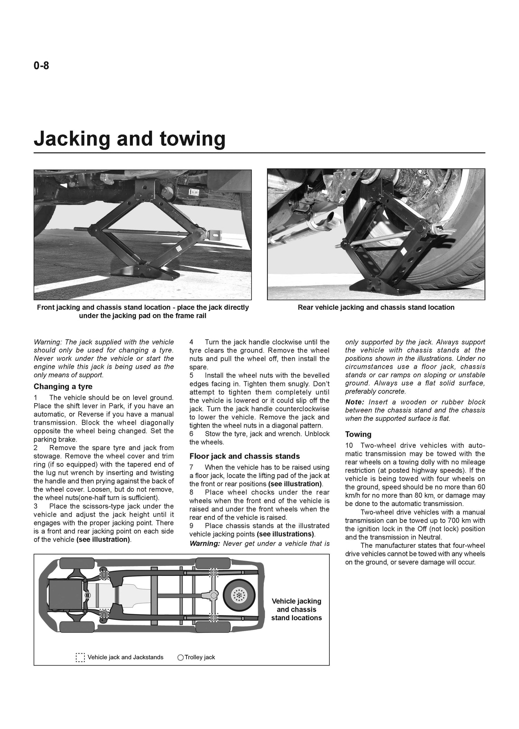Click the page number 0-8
[x=41, y=65]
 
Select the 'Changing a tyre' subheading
[x=63, y=386]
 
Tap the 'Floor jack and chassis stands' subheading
[x=245, y=456]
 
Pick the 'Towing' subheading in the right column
[x=358, y=434]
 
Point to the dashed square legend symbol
[x=80, y=657]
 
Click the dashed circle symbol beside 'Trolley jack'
[x=180, y=657]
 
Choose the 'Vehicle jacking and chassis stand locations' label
[x=297, y=610]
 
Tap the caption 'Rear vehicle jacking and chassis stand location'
[x=376, y=307]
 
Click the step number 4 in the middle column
[x=192, y=342]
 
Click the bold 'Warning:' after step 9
[x=204, y=543]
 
